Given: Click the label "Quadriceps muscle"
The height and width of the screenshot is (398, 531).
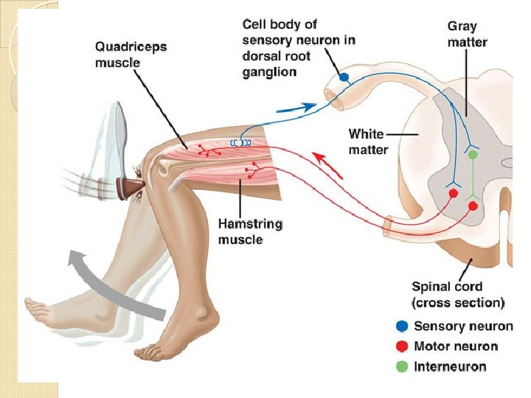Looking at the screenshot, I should [x=131, y=55].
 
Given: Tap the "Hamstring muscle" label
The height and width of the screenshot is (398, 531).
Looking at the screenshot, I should [x=250, y=231].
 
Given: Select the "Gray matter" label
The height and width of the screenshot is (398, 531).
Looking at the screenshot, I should [x=467, y=35].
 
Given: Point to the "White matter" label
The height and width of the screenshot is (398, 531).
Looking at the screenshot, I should [x=367, y=142].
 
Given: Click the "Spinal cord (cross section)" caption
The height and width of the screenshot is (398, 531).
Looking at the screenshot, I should [x=457, y=294].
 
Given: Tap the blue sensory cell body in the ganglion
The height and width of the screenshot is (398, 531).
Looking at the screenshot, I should [x=344, y=77].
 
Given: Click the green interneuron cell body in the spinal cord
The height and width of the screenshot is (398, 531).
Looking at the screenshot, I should [x=473, y=155].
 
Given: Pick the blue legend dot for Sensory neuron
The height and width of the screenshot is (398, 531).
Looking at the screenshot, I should [x=400, y=327].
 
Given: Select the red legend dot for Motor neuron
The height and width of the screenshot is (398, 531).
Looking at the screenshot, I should [x=400, y=346].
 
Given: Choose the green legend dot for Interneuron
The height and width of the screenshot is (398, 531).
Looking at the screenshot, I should [x=400, y=366].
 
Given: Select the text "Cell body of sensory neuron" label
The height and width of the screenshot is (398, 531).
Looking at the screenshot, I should [x=299, y=47].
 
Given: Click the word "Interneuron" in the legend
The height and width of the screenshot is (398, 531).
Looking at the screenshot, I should [x=449, y=366].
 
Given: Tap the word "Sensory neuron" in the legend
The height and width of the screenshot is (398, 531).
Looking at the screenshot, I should [x=463, y=327].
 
